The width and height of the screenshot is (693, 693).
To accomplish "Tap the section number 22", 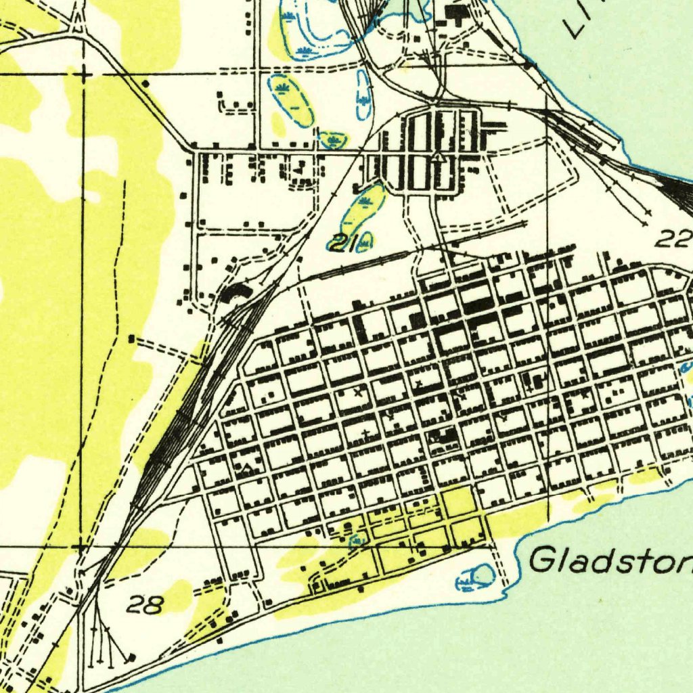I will click(674, 238).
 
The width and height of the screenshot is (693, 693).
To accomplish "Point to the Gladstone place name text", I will click(609, 561).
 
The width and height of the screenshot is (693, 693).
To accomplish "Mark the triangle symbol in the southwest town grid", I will click(248, 466).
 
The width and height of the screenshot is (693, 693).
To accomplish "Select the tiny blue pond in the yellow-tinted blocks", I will click(356, 539).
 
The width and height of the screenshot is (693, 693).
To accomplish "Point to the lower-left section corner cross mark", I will click(81, 545).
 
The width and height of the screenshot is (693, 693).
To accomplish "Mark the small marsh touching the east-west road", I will click(333, 140).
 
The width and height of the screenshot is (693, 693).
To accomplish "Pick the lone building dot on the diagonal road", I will click(146, 83).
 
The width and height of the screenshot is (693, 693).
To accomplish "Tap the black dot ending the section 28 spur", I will click(131, 656).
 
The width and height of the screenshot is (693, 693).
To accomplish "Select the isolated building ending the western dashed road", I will click(131, 338).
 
